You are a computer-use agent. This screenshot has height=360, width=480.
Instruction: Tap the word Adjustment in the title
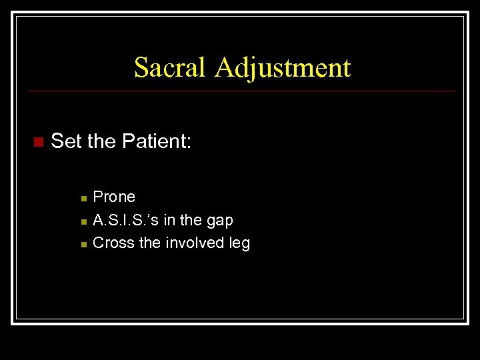[x=282, y=68]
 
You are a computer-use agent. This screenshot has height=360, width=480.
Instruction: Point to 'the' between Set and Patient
[x=101, y=141]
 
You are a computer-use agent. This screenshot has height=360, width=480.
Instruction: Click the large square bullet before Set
[x=37, y=142]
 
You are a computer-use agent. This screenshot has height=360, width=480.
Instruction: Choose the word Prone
[x=114, y=197]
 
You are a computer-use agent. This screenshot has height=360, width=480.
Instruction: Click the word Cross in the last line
[x=113, y=243]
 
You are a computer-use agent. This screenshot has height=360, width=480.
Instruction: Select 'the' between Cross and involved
[x=149, y=243]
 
